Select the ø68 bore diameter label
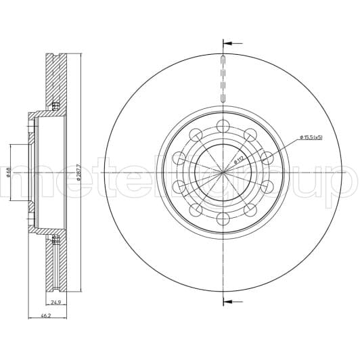(9, 173)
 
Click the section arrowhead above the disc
(227, 43)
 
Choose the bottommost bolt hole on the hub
(222, 218)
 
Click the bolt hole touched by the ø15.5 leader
(267, 158)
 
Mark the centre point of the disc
(222, 172)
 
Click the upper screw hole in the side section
(55, 105)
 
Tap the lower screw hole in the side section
(55, 238)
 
